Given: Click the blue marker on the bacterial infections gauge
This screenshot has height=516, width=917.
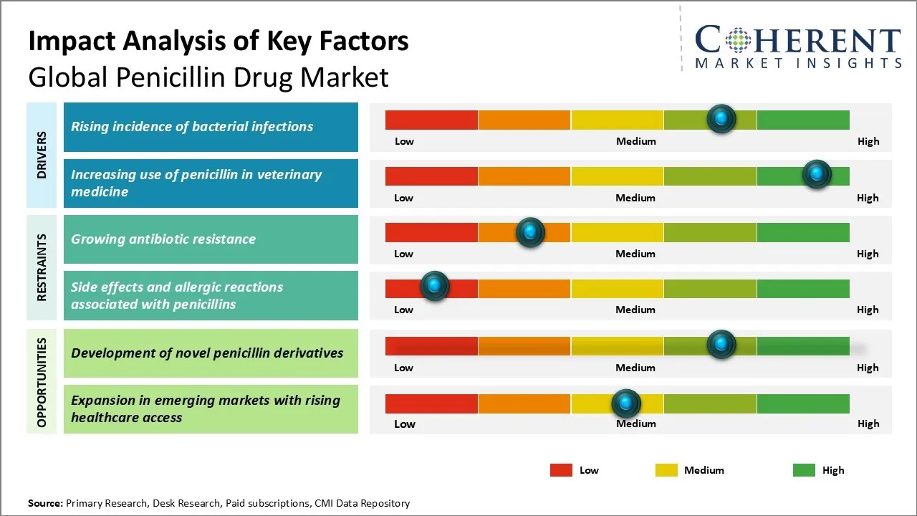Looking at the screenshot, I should click(x=721, y=118).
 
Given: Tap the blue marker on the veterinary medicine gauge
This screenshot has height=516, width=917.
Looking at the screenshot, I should click(x=816, y=174).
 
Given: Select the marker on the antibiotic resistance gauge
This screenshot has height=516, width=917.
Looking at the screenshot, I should click(x=530, y=231).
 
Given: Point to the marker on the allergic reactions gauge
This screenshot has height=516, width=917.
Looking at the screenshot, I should click(x=434, y=286).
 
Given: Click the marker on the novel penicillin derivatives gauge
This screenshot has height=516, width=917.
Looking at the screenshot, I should click(x=721, y=344).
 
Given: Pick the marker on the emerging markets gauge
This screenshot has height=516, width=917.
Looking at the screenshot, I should click(x=626, y=403).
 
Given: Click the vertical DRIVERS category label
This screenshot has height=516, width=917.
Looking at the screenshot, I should click(x=42, y=155).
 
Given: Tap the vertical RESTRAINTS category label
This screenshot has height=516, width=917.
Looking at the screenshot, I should click(x=42, y=267).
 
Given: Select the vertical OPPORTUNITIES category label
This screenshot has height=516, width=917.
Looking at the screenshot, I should click(x=42, y=382).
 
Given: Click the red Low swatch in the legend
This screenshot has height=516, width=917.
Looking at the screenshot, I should click(x=561, y=470).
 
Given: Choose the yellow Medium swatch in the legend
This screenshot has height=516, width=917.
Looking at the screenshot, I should click(x=666, y=470).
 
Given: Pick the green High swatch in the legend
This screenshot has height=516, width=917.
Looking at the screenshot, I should click(x=804, y=470).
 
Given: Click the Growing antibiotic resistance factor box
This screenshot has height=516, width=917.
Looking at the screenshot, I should click(x=211, y=239).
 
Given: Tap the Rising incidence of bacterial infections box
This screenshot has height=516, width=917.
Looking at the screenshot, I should click(x=211, y=127).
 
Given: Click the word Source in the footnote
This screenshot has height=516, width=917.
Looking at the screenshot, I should click(x=44, y=503).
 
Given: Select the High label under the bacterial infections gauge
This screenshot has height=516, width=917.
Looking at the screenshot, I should click(x=868, y=141).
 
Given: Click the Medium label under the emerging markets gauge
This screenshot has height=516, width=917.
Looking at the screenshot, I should click(x=635, y=424).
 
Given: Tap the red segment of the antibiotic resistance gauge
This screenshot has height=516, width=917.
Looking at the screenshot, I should click(x=431, y=232).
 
